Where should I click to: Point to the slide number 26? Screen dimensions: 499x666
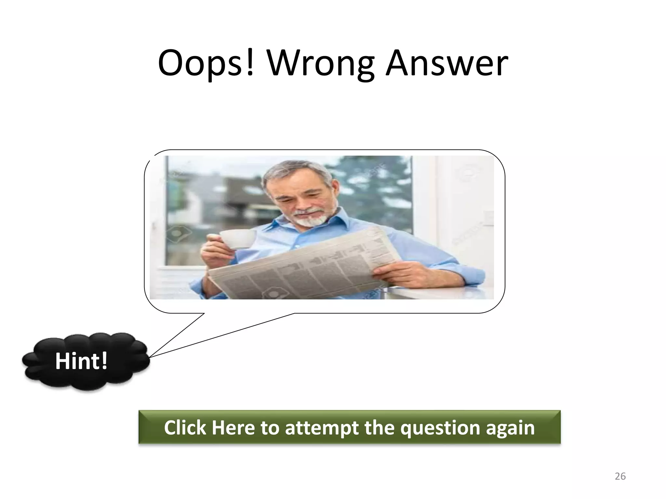tap(620, 476)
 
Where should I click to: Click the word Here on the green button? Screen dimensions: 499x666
tap(233, 428)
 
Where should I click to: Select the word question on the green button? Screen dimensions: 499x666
tap(440, 428)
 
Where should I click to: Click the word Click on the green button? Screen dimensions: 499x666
tap(185, 428)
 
